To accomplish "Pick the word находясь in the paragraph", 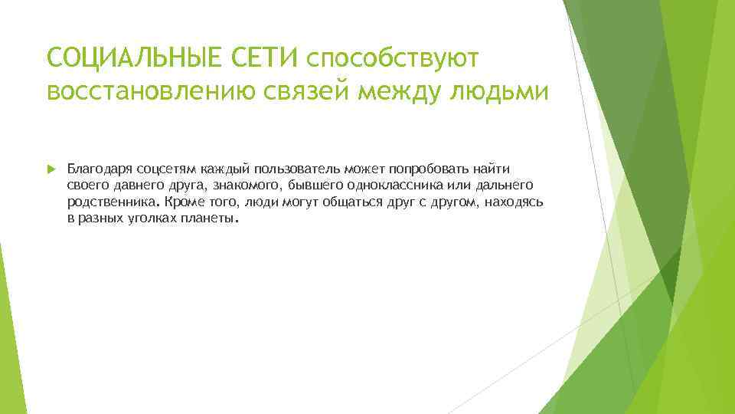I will (x=514, y=202).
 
